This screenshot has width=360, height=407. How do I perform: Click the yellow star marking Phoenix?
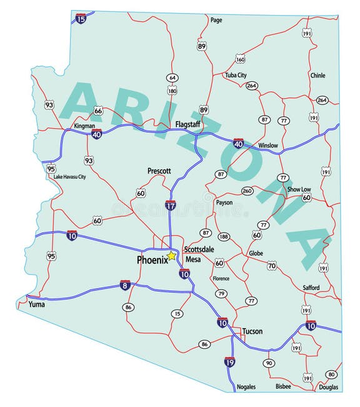[171, 256]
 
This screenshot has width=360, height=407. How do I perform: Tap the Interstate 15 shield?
[81, 19]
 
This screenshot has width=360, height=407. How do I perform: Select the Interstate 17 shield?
[170, 204]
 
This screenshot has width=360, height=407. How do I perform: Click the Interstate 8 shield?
[125, 285]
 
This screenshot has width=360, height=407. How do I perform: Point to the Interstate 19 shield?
[229, 361]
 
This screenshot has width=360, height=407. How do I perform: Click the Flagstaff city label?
[187, 124]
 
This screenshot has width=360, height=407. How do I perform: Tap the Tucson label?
[252, 331]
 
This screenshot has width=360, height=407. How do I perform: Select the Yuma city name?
[37, 304]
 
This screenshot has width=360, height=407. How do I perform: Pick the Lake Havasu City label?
[69, 177]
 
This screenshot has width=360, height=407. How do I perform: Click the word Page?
[216, 20]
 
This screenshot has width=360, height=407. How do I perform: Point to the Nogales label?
[246, 386]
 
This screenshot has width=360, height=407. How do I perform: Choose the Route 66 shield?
[98, 111]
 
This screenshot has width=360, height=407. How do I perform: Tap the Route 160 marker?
[241, 59]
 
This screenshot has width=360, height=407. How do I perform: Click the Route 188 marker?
[224, 236]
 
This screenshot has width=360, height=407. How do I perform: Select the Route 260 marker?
[247, 191]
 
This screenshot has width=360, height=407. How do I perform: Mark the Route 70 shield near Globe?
[271, 266]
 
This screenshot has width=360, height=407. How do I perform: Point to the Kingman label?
[84, 126]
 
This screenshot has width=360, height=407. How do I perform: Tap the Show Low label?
[299, 189]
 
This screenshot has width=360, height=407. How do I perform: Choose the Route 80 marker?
[331, 374]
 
